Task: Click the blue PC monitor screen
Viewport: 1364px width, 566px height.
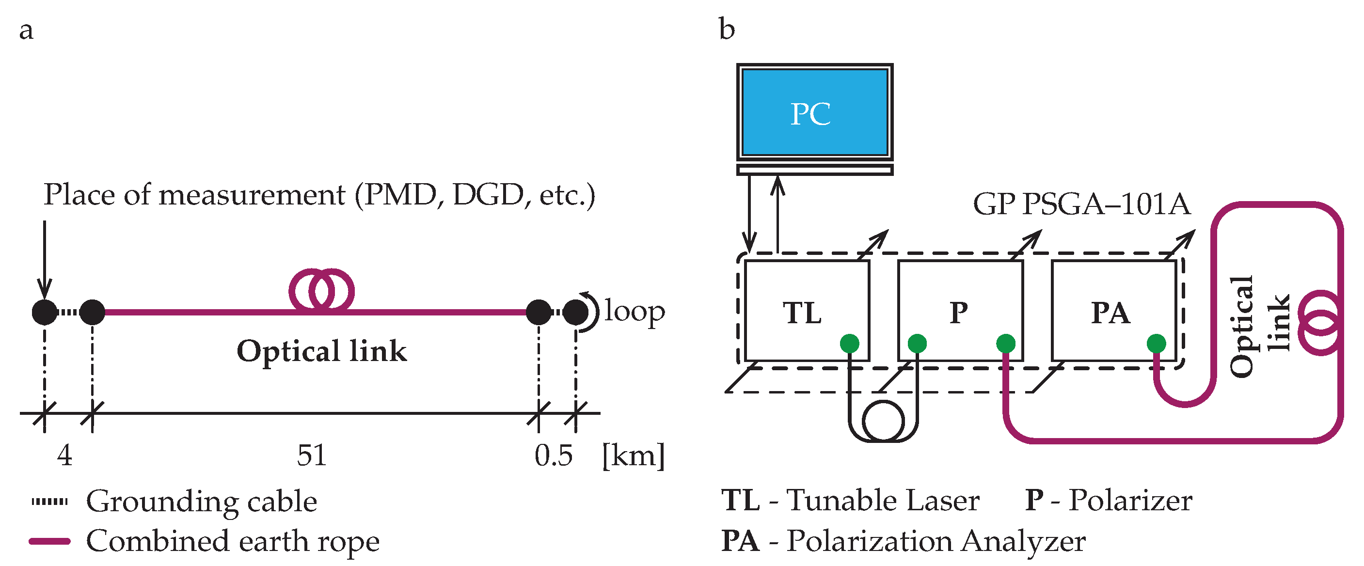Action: (x=814, y=113)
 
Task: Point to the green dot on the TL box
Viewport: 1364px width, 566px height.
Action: (x=849, y=344)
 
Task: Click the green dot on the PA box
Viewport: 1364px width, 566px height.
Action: (x=1156, y=344)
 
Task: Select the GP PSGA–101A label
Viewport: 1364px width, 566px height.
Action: (x=1082, y=204)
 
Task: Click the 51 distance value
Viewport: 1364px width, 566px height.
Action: (x=311, y=455)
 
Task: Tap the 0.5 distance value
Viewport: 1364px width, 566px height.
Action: (x=554, y=455)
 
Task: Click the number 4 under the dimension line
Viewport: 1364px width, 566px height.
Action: (x=64, y=455)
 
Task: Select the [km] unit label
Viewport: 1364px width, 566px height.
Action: (x=633, y=455)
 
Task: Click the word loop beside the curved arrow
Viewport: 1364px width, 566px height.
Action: (x=634, y=311)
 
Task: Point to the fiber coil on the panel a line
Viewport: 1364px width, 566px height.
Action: (x=321, y=290)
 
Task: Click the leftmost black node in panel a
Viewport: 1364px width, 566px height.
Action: (x=45, y=313)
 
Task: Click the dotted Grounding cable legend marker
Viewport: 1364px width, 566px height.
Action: (x=50, y=502)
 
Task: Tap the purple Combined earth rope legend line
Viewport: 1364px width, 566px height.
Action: (x=50, y=541)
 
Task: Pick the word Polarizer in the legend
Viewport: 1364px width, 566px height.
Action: (x=1130, y=501)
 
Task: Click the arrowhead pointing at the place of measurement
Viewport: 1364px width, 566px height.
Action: (x=45, y=291)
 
